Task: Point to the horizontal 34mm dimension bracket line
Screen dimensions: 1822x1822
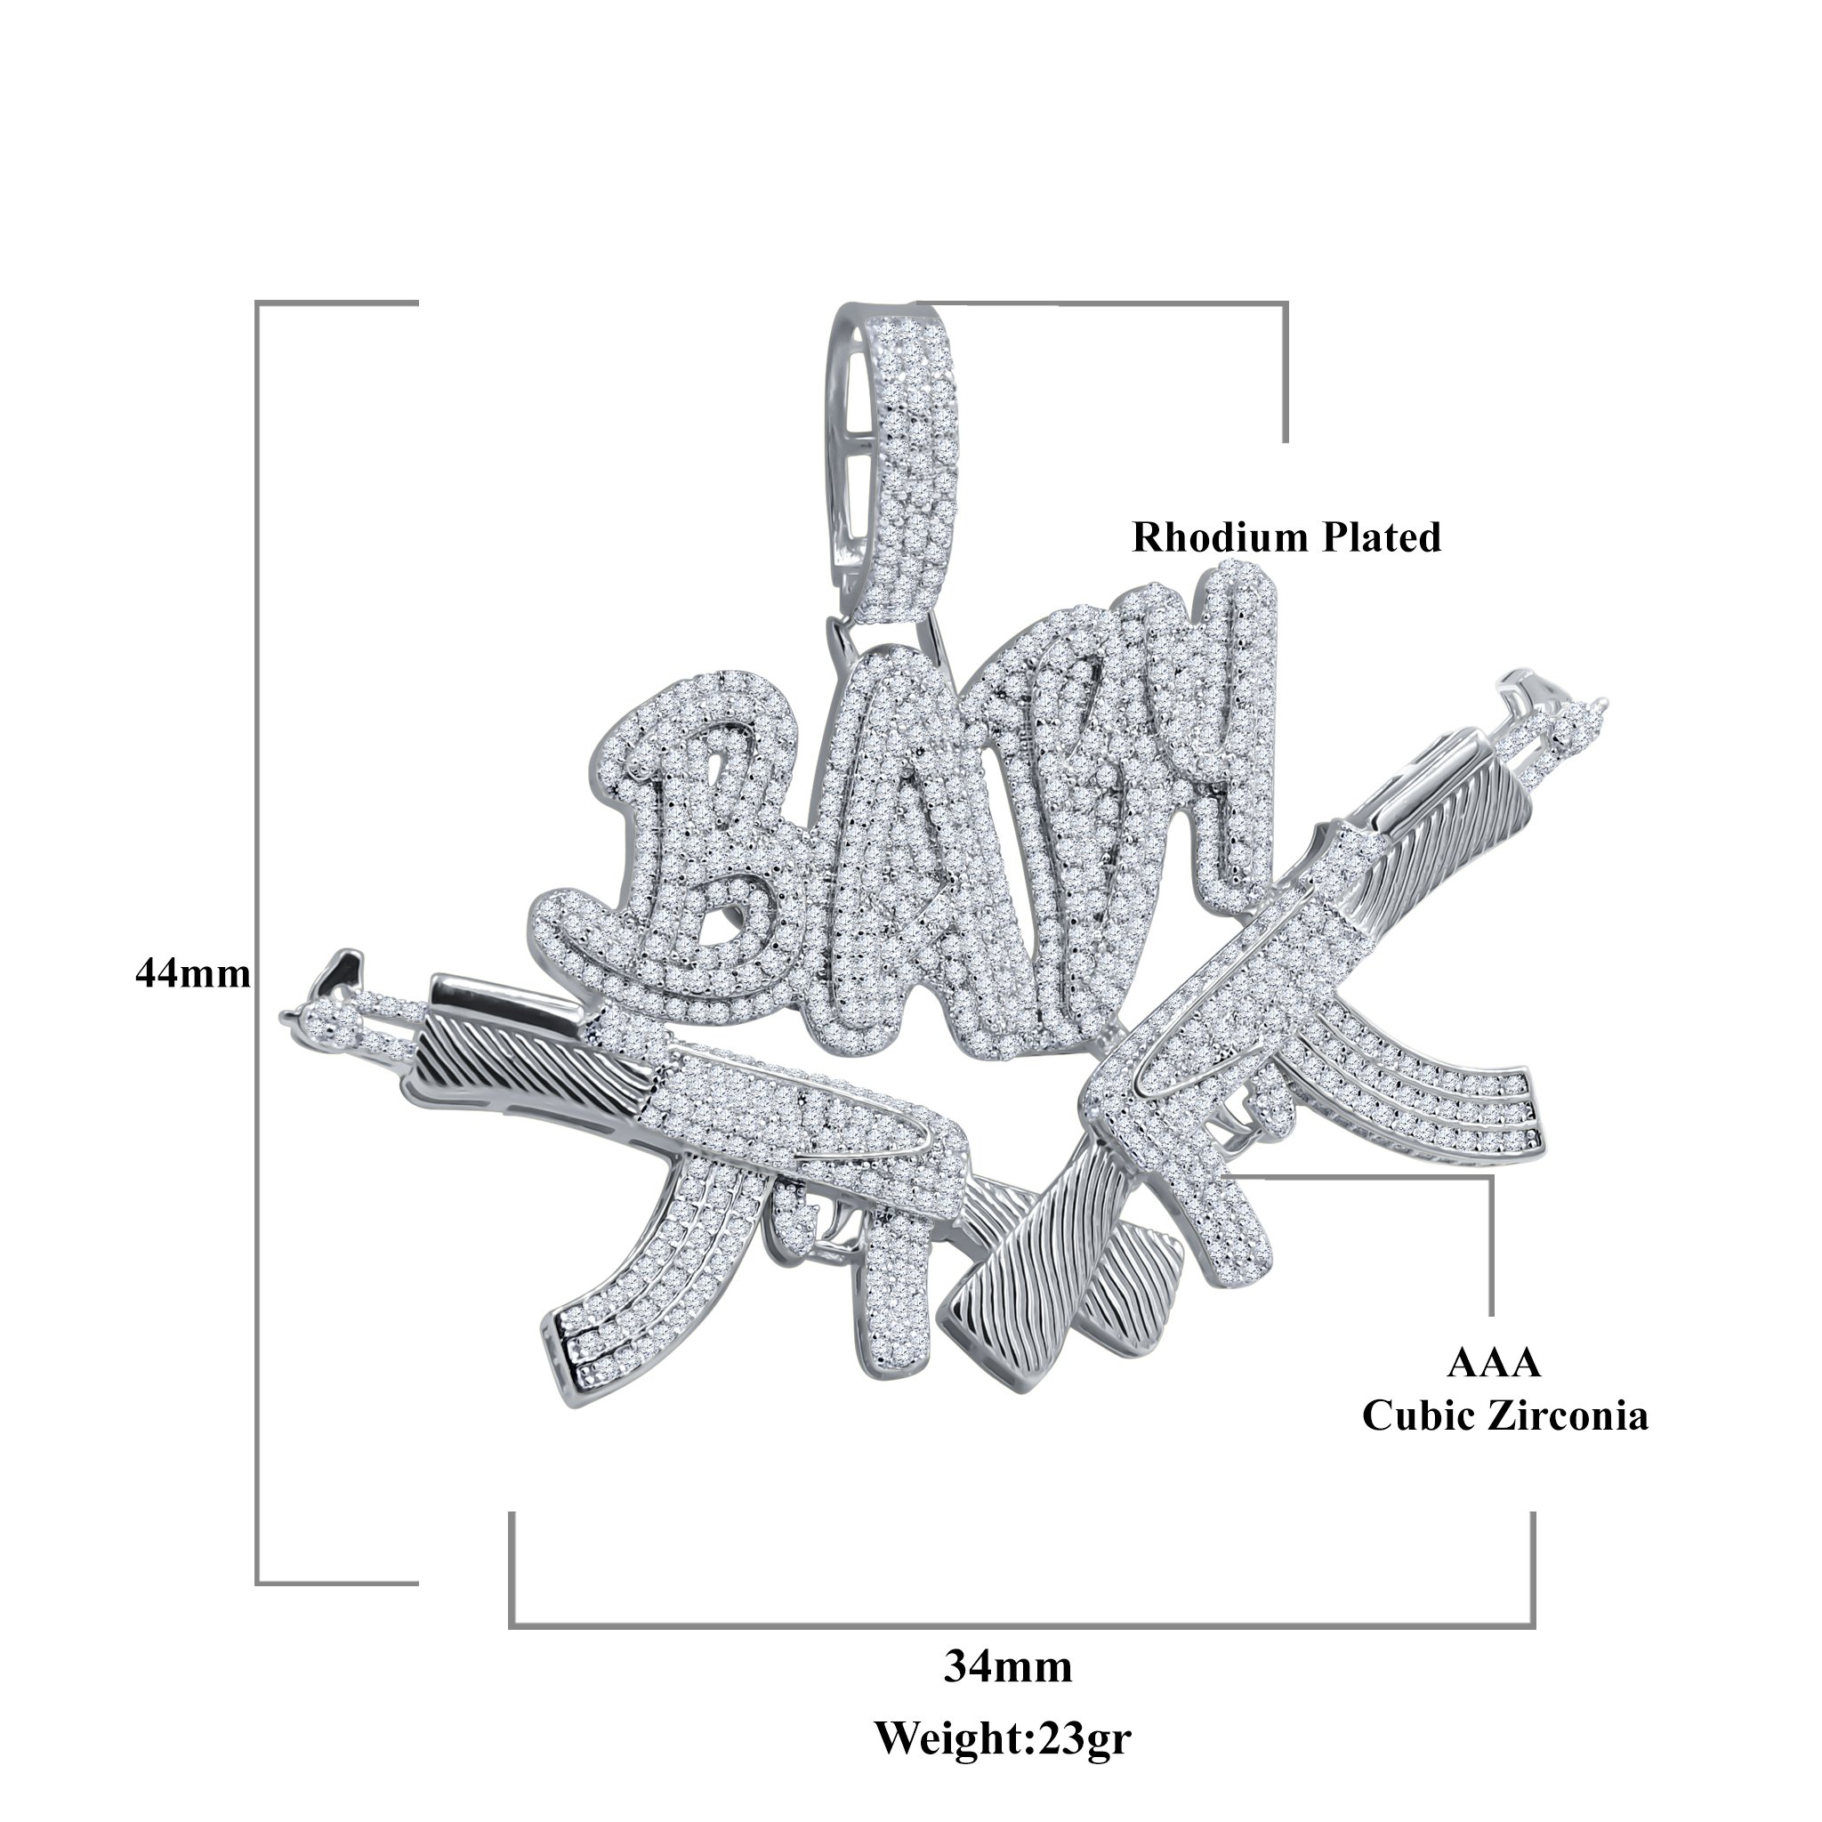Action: [1022, 1626]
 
